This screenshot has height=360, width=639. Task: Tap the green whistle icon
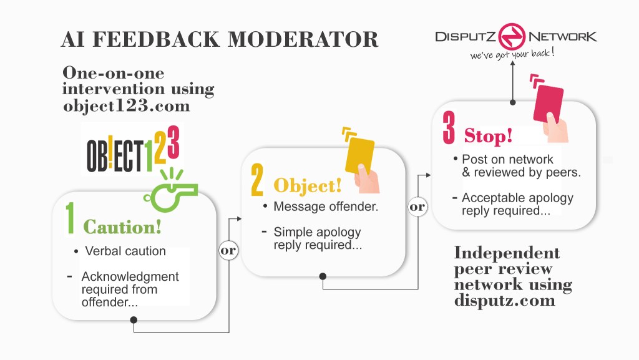tap(170, 188)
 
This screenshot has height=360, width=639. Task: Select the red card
tap(549, 104)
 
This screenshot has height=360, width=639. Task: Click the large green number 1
tap(71, 218)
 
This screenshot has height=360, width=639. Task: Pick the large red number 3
tap(448, 128)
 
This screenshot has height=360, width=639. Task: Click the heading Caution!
tap(122, 226)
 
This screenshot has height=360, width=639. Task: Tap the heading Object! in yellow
tap(308, 186)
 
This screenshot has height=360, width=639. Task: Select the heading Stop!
tap(488, 135)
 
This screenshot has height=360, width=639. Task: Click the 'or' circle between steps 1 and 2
tap(228, 250)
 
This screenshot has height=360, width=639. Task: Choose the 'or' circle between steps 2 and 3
tap(417, 206)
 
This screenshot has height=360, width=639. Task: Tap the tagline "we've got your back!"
tap(512, 54)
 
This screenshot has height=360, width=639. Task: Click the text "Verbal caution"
tap(125, 251)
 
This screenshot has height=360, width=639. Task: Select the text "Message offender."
tap(326, 207)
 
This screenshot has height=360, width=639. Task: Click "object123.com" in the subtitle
tap(126, 105)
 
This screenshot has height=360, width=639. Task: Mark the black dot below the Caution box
tap(134, 320)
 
